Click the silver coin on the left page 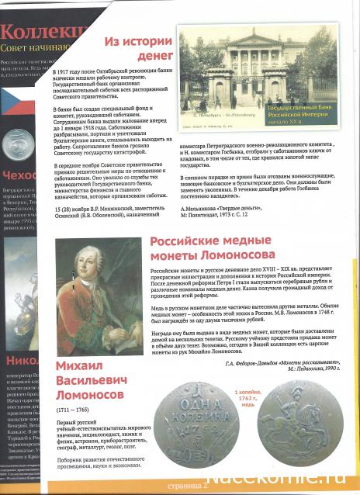point(15,145)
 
